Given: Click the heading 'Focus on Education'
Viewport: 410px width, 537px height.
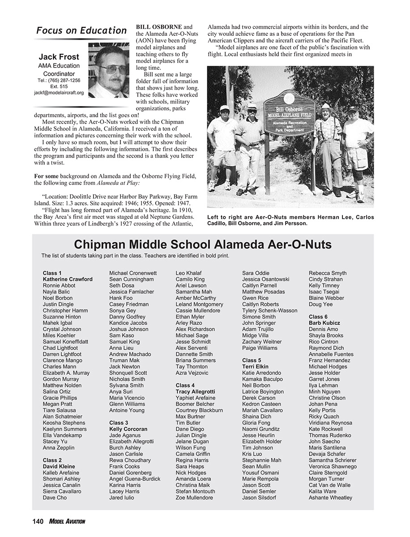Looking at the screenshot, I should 81,30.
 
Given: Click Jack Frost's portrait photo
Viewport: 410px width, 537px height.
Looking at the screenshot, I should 109,69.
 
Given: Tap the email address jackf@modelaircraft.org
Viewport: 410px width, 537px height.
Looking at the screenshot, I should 59,93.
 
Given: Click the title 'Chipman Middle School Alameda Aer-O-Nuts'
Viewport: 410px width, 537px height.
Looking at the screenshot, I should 203,245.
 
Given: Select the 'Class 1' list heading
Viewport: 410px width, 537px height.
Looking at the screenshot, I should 52,273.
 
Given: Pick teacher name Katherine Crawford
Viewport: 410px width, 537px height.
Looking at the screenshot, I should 68,279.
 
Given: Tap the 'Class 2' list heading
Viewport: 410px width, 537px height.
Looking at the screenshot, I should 52,460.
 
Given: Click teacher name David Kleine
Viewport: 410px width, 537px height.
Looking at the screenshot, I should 59,466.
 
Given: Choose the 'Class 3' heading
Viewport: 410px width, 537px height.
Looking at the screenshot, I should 119,422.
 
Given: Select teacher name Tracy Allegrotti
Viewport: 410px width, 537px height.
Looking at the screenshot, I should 195,392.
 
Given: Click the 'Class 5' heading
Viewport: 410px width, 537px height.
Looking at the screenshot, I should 252,360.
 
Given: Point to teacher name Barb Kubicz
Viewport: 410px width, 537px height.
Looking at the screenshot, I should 324,323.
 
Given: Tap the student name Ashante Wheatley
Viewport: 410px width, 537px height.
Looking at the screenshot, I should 330,498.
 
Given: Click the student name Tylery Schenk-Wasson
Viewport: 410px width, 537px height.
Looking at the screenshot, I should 269,311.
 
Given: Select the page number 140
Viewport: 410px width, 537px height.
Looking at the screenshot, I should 38,521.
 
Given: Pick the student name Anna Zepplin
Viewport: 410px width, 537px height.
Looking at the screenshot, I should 59,447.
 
